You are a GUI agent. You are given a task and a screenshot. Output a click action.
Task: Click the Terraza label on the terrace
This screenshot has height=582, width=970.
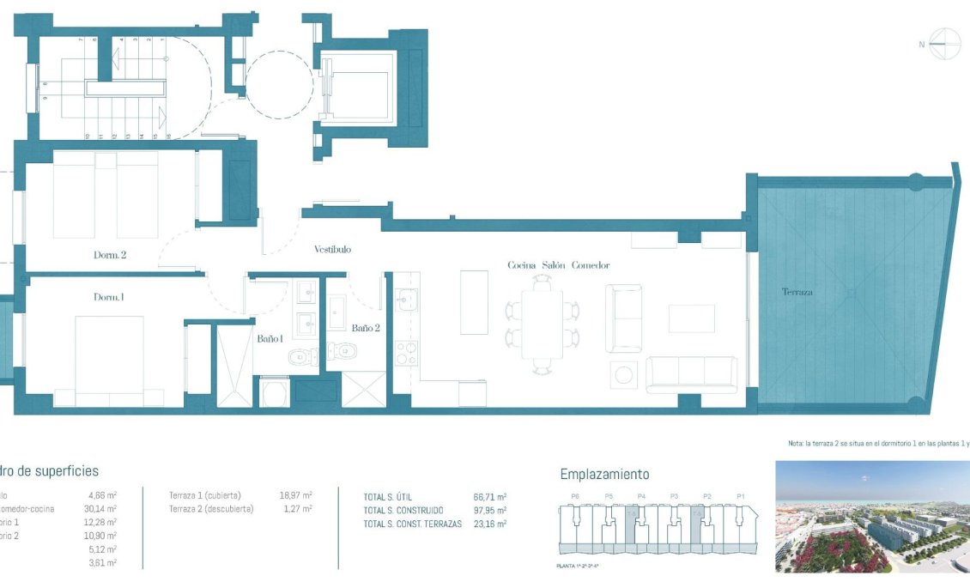point(797,293)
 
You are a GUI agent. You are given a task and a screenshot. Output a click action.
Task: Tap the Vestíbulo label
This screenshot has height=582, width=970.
point(332,250)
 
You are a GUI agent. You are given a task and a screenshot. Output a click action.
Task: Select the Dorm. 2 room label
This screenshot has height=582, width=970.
point(111,255)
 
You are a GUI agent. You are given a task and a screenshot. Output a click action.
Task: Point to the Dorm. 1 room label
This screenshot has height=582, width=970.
point(109,297)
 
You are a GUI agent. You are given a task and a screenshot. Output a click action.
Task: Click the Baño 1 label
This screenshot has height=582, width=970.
point(270,339)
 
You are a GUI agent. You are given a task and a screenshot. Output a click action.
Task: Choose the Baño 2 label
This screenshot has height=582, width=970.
point(366,328)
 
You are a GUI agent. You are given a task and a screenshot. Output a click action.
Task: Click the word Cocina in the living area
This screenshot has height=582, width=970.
point(522,265)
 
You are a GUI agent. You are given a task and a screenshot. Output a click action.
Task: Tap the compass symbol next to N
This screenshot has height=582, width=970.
point(944,44)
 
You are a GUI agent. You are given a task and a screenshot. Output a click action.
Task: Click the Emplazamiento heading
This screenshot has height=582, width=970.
point(604,474)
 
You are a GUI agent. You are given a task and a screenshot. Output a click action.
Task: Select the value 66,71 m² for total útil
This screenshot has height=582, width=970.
point(490,496)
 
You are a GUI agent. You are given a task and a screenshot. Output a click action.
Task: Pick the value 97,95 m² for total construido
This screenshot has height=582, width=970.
point(490,510)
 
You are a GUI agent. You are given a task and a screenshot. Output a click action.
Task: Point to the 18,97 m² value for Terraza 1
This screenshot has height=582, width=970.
point(295,495)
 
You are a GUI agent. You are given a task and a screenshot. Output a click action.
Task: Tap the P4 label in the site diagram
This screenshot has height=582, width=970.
point(641,496)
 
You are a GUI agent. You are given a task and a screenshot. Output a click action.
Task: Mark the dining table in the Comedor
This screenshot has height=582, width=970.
point(542,324)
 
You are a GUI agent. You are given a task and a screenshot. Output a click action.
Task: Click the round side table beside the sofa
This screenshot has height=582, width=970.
point(623,374)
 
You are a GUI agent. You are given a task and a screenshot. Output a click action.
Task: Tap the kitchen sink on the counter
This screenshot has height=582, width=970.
point(405,300)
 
